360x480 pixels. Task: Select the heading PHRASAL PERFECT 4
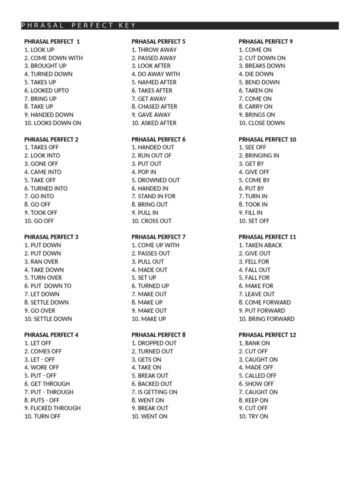[52, 335]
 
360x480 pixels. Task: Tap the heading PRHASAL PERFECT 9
[266, 41]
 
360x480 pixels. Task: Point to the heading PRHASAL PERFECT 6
[158, 139]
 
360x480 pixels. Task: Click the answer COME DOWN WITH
[53, 58]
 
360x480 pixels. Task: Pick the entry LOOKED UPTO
[46, 90]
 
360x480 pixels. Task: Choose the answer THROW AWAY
[154, 50]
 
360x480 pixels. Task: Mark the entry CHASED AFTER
[154, 107]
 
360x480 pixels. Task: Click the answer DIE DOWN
[256, 74]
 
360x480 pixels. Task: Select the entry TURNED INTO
[46, 188]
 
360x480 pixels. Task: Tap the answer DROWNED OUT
[156, 180]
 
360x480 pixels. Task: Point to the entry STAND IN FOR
[153, 196]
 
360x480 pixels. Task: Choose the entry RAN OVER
[41, 262]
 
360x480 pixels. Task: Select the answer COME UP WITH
[155, 245]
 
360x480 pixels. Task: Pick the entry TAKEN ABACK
[261, 245]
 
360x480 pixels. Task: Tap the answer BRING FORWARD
[266, 319]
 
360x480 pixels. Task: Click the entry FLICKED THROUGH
[52, 408]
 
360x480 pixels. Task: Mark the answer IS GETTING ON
[154, 392]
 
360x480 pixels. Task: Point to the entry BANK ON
[254, 343]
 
